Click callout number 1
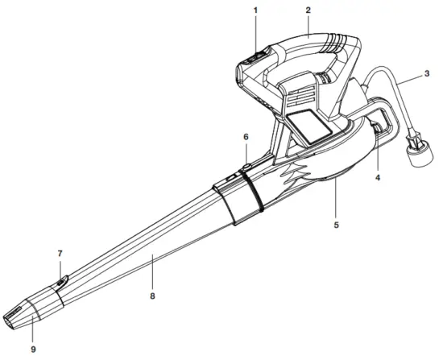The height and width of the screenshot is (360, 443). pyautogui.click(x=255, y=10)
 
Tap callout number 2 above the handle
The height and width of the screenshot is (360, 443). pyautogui.click(x=308, y=10)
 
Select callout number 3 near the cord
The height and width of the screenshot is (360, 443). pyautogui.click(x=427, y=74)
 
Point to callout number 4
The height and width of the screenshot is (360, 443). pyautogui.click(x=378, y=177)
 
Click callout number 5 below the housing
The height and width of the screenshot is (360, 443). pyautogui.click(x=336, y=226)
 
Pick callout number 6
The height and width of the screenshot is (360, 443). pyautogui.click(x=246, y=137)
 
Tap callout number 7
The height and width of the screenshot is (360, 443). pyautogui.click(x=60, y=254)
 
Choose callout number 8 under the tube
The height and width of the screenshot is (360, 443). pyautogui.click(x=152, y=296)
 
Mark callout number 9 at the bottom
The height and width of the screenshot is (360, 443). pyautogui.click(x=33, y=350)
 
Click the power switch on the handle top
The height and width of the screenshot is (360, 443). pyautogui.click(x=256, y=58)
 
